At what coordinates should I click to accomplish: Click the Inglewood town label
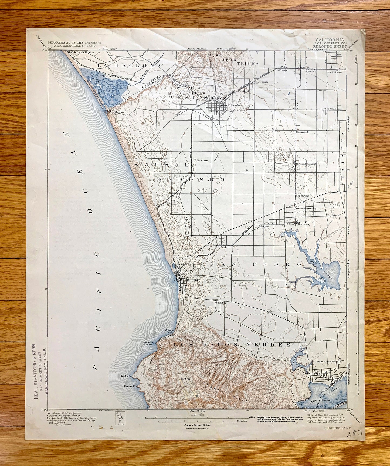coord(235,105)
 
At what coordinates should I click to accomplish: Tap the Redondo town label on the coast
coord(193,280)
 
